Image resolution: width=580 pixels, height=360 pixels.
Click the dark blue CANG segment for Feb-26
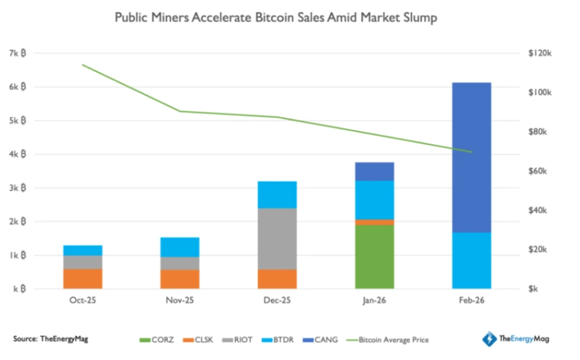coord(471,157)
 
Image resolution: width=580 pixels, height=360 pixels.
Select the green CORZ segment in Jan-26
coord(374,257)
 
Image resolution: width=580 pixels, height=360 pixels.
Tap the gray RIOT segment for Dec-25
coord(277,238)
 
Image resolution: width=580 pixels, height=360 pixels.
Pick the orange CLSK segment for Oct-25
coord(83,279)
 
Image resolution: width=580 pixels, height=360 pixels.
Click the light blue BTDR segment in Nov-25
coord(180,247)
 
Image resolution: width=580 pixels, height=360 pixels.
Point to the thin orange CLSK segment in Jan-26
coord(374,222)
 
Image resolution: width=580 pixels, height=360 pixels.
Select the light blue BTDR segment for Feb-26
coord(471,260)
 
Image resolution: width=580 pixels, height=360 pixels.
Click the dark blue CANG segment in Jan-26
coord(374,171)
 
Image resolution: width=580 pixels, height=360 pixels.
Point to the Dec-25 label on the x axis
coord(277,301)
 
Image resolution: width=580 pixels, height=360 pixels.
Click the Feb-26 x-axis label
coord(471,301)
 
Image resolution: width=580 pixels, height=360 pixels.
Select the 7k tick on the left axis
coord(18,53)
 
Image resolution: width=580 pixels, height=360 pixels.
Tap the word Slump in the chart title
coord(418,18)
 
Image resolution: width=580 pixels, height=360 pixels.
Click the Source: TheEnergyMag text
coord(51,339)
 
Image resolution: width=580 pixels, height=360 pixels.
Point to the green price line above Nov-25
coord(180,111)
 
